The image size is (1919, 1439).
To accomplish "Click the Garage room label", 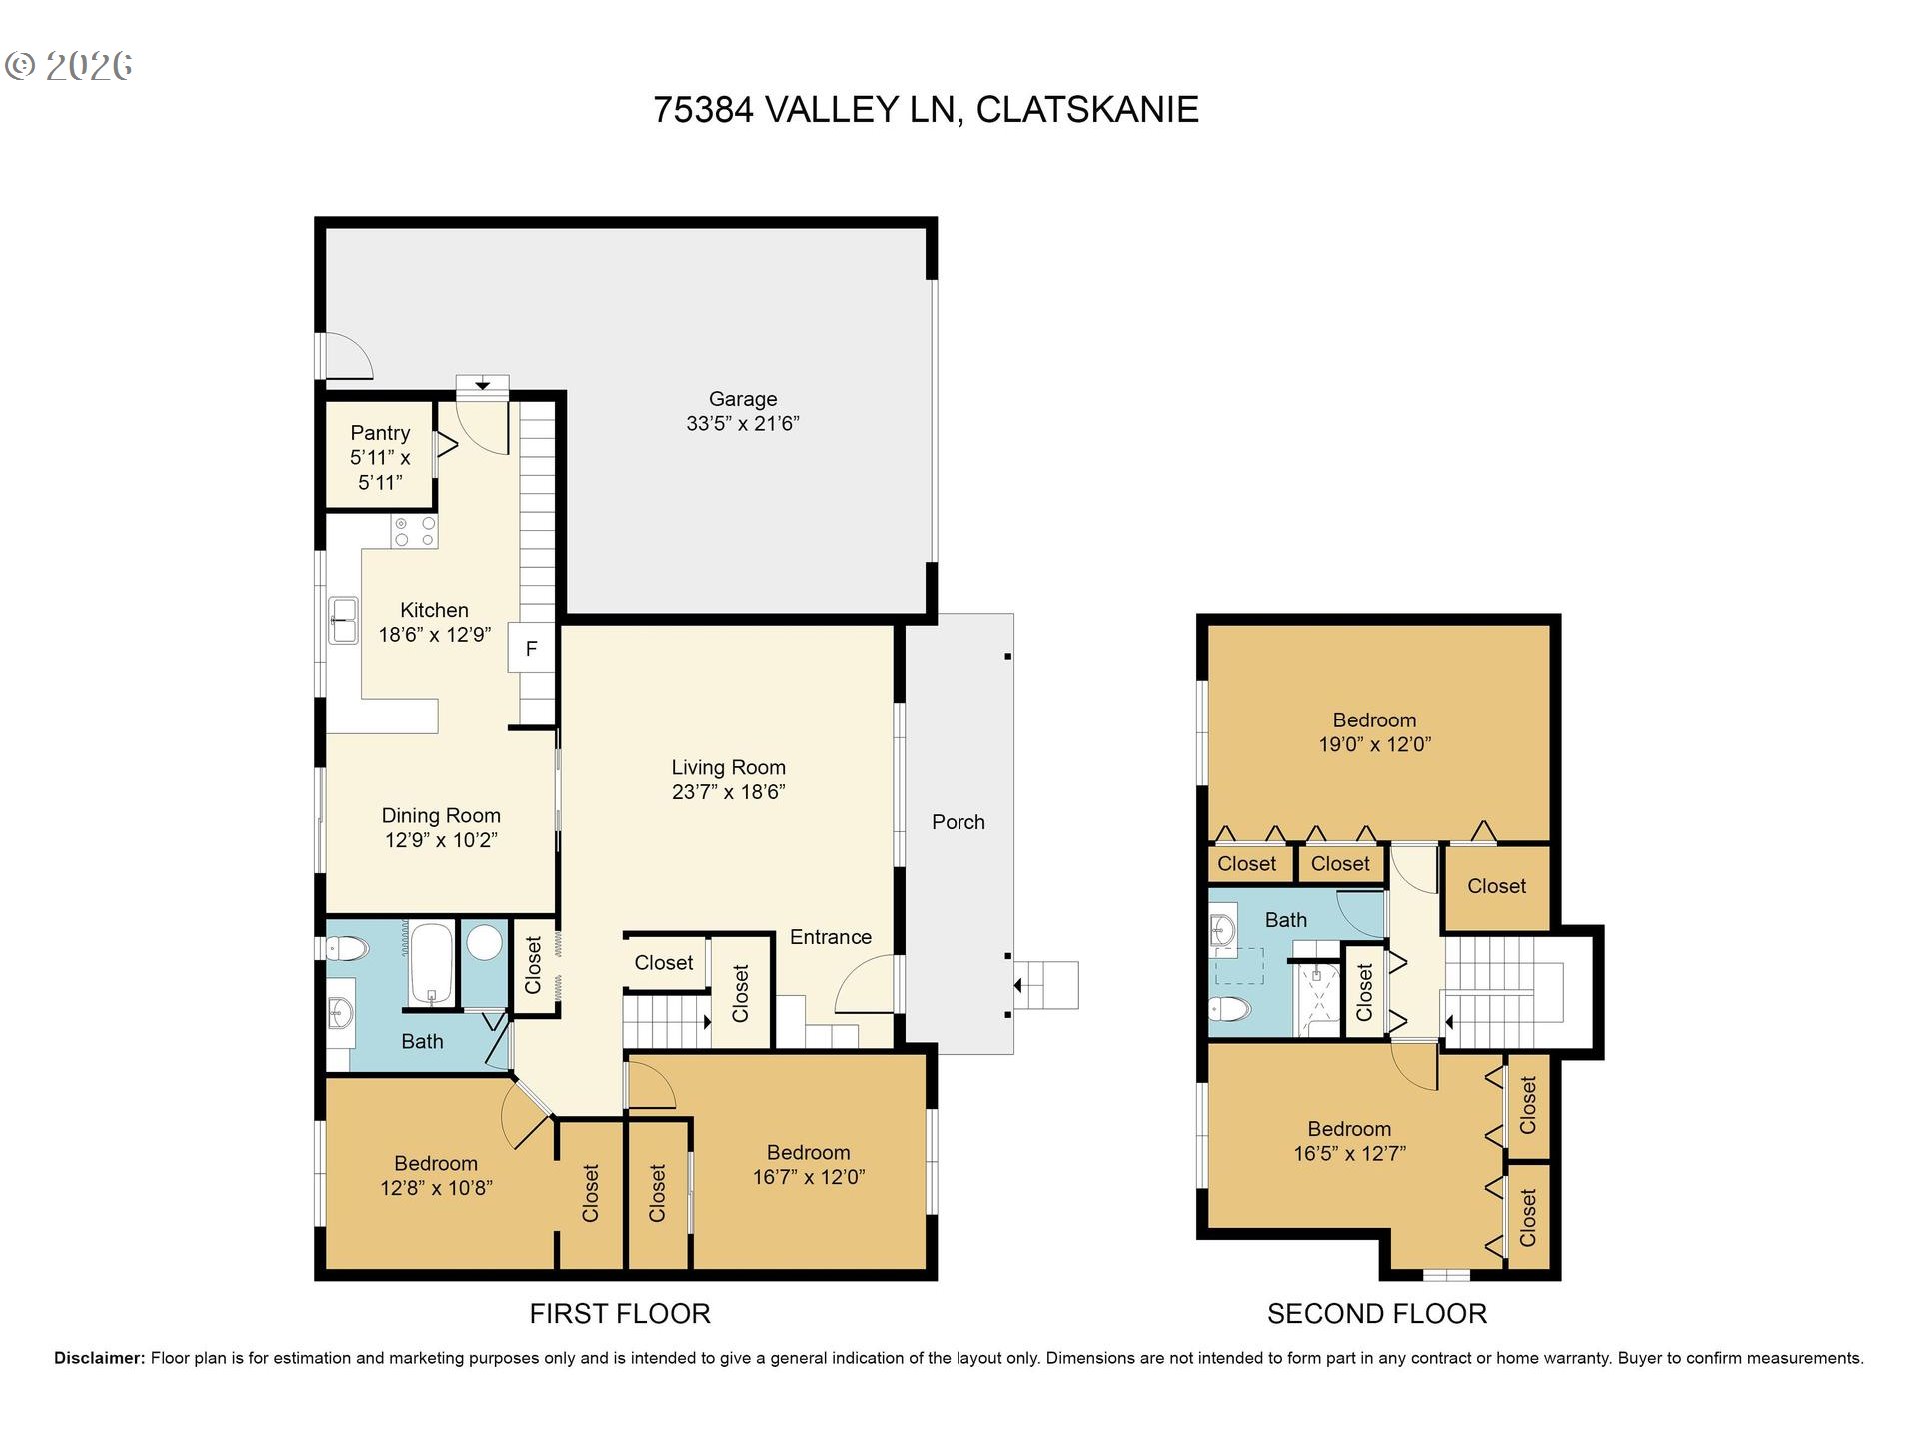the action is point(743,399).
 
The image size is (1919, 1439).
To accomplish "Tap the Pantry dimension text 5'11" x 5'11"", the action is point(380,470).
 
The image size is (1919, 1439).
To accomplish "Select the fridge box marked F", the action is point(531,648).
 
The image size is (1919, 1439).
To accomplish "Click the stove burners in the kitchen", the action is point(414,531).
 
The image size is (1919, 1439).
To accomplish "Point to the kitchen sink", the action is point(343,620).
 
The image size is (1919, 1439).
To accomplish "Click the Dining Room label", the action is point(441,815).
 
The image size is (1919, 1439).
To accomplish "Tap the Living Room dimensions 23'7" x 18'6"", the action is point(729,792).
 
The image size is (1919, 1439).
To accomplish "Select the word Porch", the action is point(959,822).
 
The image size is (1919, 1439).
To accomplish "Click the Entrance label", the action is point(831,937).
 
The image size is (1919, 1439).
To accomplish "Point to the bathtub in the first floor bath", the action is point(432,964).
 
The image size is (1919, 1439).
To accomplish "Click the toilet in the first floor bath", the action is point(347,947).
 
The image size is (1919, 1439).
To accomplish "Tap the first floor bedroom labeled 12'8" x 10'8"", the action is point(436,1175).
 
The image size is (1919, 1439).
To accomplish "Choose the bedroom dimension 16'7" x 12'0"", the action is point(809,1177).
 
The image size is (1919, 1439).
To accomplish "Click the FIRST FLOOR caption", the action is point(620,1314).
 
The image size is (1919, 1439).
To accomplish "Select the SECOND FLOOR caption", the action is point(1377,1314).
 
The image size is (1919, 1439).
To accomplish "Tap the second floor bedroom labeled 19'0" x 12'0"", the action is point(1375,732).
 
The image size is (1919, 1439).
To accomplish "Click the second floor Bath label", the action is point(1286,920).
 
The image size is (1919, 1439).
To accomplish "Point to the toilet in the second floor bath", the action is point(1230,1008).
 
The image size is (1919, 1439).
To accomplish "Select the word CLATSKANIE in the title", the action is point(1087,109).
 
